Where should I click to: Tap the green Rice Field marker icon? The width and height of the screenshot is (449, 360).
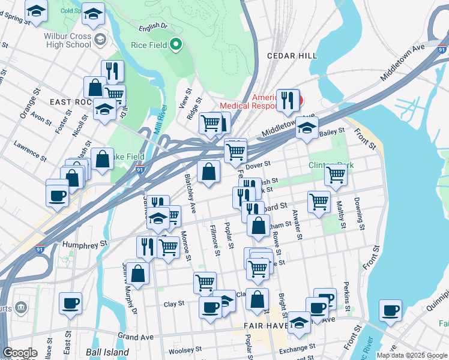point(176,44)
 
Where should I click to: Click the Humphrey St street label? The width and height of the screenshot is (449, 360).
point(88,244)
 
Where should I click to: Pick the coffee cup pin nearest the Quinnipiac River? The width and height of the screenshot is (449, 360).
point(390,311)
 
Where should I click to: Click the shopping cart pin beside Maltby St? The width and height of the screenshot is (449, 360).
point(336,175)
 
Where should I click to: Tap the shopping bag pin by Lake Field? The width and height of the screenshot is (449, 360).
point(103,160)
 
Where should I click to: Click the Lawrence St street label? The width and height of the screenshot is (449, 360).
point(31,151)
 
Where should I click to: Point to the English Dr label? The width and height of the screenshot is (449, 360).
point(152,26)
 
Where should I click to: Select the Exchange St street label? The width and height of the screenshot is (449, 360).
point(297,347)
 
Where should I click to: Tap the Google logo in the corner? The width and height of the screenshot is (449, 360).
point(20,353)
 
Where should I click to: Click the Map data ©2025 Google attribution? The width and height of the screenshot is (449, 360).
point(411,355)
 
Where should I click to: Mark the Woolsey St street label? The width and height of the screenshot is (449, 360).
point(184,350)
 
